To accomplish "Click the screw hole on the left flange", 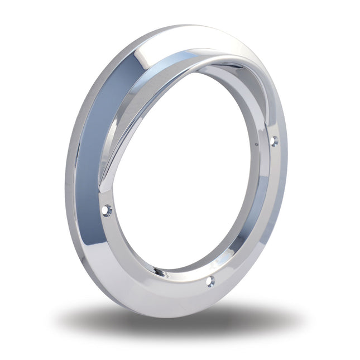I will [107, 210].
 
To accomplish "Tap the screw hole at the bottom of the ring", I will [210, 281].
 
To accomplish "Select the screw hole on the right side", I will [274, 141].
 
